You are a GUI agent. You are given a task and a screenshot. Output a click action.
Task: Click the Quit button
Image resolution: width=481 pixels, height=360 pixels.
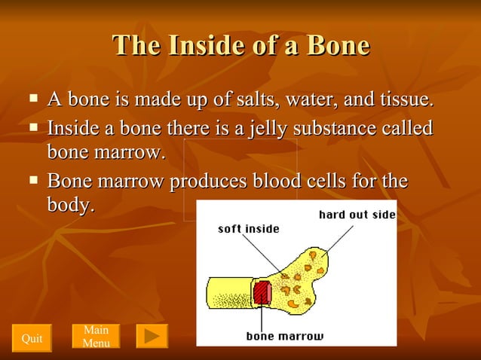coord(32,338)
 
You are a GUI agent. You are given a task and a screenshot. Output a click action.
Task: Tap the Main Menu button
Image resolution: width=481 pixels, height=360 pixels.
coord(96,337)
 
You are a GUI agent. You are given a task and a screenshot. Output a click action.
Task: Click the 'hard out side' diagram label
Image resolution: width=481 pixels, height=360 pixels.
coord(357,215)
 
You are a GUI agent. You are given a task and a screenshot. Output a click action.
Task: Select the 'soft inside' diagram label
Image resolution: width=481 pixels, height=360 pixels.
coord(249,229)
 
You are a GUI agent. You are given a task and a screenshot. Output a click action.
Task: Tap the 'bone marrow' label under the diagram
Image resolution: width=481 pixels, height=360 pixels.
coord(284,336)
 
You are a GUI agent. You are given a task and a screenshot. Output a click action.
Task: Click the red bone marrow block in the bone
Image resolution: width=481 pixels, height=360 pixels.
coord(262,291)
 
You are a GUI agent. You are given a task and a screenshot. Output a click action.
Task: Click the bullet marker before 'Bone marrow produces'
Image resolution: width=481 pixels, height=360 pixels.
coord(33,180)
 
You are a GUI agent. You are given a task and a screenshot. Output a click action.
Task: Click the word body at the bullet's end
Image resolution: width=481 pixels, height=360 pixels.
coord(69,204)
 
